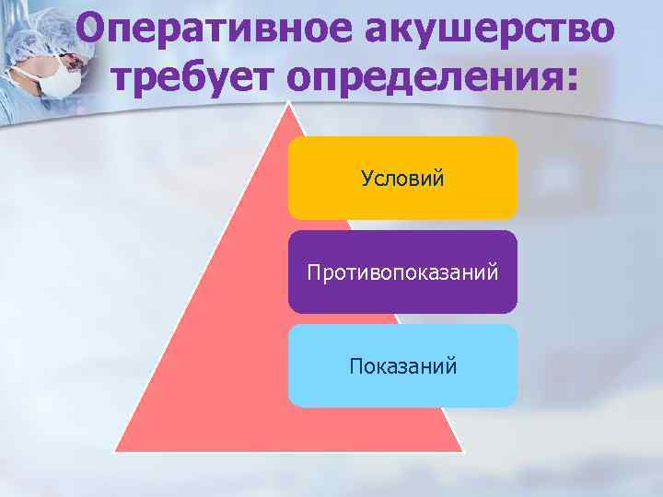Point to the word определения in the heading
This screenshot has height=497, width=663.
pyautogui.click(x=423, y=78)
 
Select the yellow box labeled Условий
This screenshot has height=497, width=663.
pyautogui.click(x=402, y=178)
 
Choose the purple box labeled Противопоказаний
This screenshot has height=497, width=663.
pyautogui.click(x=402, y=272)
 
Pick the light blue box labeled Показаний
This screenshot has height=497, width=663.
pyautogui.click(x=402, y=366)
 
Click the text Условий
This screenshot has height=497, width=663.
pyautogui.click(x=402, y=178)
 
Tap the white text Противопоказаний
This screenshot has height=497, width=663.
pyautogui.click(x=402, y=272)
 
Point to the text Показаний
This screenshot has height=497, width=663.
pyautogui.click(x=402, y=366)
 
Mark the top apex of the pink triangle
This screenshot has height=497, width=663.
pyautogui.click(x=289, y=103)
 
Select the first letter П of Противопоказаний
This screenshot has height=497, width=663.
pyautogui.click(x=313, y=272)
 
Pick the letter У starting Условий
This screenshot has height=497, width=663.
pyautogui.click(x=366, y=178)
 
